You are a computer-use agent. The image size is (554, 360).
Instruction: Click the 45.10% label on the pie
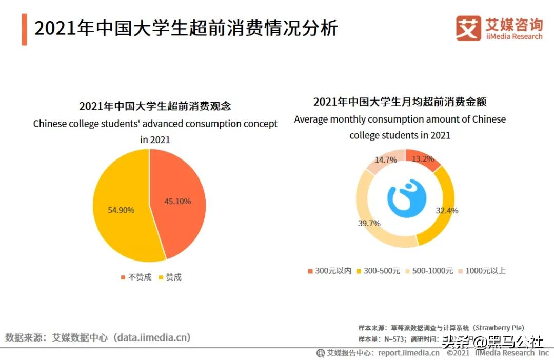[x=177, y=202]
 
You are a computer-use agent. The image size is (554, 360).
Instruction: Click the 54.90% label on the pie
[x=121, y=210]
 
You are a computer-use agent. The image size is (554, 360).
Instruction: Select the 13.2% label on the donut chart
[x=423, y=159]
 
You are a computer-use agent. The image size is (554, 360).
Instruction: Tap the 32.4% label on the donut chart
[x=447, y=210]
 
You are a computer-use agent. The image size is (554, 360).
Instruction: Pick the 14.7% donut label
[x=386, y=159]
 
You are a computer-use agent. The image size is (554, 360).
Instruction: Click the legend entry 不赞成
[x=136, y=277]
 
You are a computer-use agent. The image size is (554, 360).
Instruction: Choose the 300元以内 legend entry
[x=329, y=271]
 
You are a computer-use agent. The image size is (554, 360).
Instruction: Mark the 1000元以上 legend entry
[x=482, y=271]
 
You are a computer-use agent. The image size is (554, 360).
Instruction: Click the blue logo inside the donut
[x=406, y=197]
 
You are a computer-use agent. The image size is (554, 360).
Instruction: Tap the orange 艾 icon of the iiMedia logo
[x=468, y=28]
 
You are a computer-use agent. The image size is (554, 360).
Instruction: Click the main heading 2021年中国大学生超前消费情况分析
[x=186, y=28]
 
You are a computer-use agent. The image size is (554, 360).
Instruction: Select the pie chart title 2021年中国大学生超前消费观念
[x=155, y=106]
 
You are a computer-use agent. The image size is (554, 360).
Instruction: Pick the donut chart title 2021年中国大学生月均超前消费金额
[x=400, y=102]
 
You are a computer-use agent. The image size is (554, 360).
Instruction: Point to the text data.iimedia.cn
[x=153, y=337]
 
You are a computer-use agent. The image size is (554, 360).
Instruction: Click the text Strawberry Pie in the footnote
[x=499, y=327]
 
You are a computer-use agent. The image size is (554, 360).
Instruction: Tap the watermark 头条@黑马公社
[x=492, y=342]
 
